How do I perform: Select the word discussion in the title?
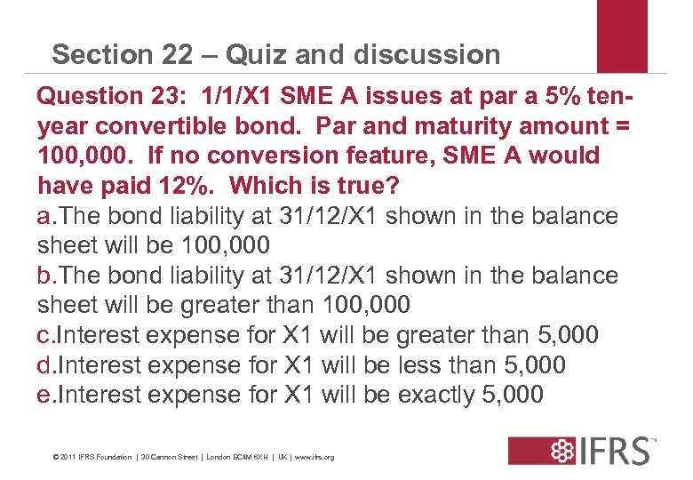426,55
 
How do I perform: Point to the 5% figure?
500,95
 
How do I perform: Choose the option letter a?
44,216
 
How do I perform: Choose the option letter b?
44,276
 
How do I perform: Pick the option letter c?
44,336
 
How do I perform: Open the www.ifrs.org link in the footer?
315,457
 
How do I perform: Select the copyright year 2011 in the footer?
69,457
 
